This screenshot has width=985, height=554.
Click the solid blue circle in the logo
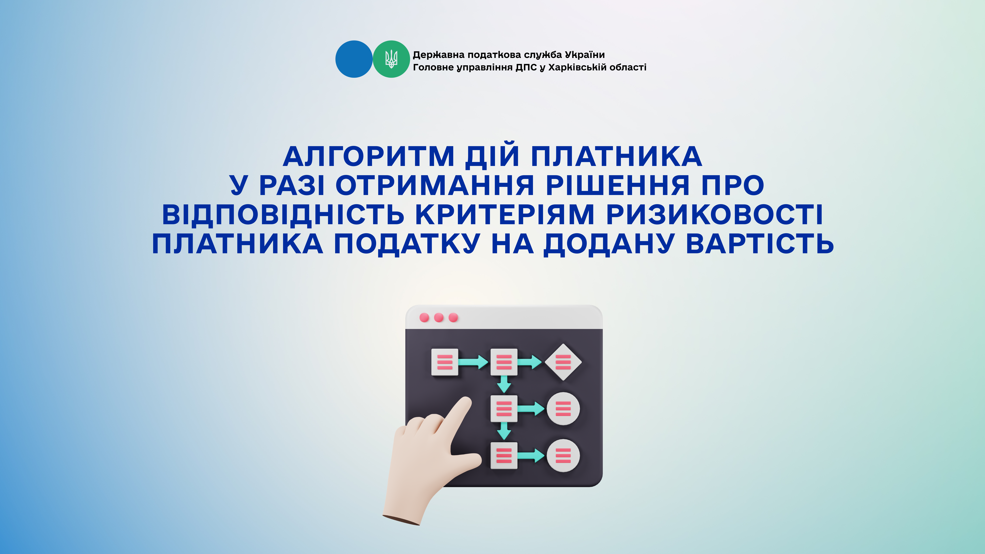[354, 59]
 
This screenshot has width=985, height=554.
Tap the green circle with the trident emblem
[391, 59]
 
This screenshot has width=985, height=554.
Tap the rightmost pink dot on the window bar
[453, 318]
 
